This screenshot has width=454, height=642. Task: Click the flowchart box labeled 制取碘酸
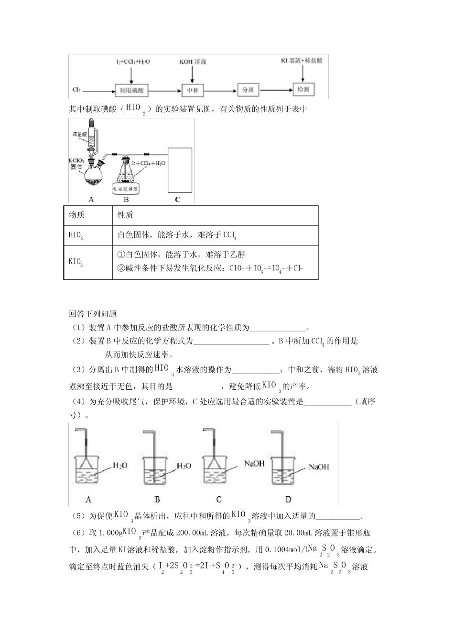pyautogui.click(x=132, y=90)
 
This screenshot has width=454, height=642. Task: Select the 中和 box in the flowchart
pyautogui.click(x=193, y=90)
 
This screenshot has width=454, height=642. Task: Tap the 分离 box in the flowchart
pyautogui.click(x=248, y=90)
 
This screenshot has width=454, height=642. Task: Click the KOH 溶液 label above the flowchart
pyautogui.click(x=193, y=62)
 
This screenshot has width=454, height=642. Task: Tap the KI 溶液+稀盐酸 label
pyautogui.click(x=302, y=61)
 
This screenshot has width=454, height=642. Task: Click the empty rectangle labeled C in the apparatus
pyautogui.click(x=179, y=170)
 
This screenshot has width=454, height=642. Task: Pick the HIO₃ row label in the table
pyautogui.click(x=76, y=235)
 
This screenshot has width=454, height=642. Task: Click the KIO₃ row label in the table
pyautogui.click(x=76, y=262)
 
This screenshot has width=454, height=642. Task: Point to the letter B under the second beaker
pyautogui.click(x=157, y=499)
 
